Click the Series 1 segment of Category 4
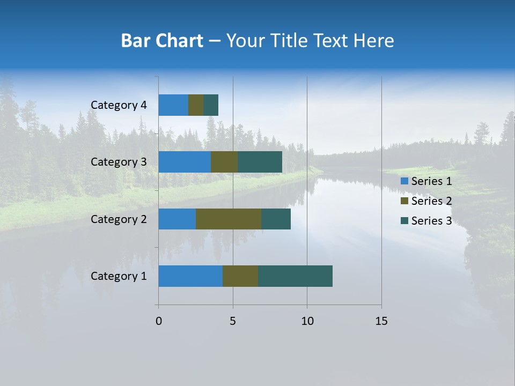point(173,105)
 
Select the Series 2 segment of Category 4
point(196,105)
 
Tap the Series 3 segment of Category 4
point(211,105)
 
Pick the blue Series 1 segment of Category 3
point(185,162)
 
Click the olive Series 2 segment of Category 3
point(224,162)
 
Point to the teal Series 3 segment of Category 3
point(260,162)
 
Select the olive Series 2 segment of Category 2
point(229,219)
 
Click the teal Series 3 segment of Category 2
point(276,219)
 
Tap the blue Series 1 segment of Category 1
point(190,276)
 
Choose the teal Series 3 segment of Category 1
point(295,276)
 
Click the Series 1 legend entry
point(426,181)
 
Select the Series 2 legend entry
point(426,201)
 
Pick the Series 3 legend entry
point(426,221)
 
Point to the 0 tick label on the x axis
point(159,321)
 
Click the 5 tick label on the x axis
point(233,321)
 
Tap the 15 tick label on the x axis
point(381,321)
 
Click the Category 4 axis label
point(119,105)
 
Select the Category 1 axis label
point(119,276)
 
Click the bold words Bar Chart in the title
point(162,41)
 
